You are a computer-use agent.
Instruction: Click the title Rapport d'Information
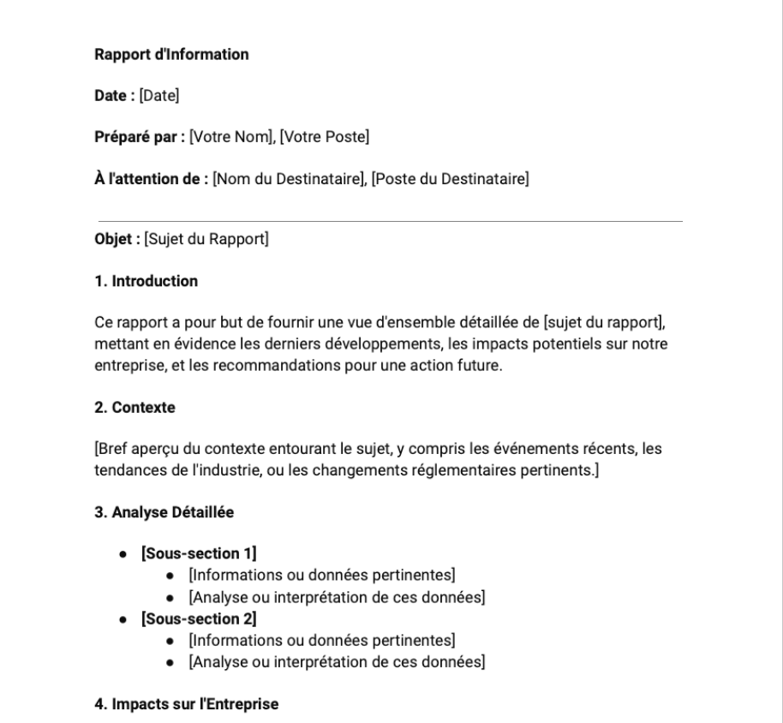click(171, 55)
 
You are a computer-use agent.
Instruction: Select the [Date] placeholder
click(159, 96)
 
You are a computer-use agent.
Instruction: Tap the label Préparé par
click(137, 137)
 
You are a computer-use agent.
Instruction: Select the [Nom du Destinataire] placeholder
click(289, 179)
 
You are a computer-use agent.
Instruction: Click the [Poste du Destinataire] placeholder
click(450, 179)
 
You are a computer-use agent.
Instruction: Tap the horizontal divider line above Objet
click(390, 221)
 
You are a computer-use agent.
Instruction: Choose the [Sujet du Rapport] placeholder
click(206, 239)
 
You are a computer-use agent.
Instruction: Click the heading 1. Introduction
click(146, 281)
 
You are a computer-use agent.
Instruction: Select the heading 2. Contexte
click(134, 408)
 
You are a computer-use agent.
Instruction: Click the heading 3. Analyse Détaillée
click(164, 513)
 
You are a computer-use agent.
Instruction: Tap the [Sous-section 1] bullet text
click(199, 553)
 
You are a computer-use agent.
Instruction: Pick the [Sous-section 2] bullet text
click(199, 618)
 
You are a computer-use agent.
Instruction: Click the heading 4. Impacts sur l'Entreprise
click(187, 705)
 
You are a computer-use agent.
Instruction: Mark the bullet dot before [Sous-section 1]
click(124, 554)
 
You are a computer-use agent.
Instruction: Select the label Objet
click(116, 239)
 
